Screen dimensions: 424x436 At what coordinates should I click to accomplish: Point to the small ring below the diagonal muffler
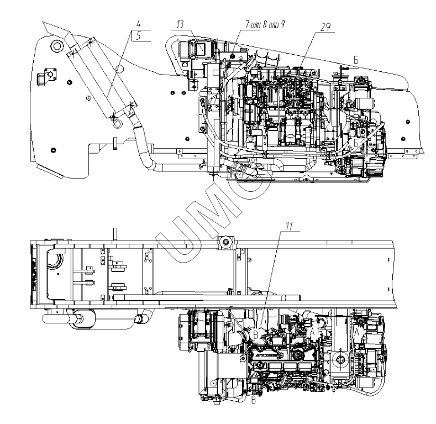[x=115, y=124]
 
